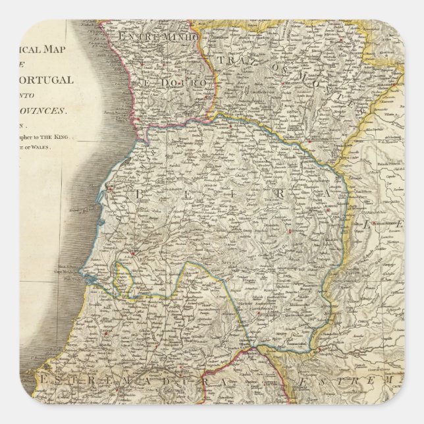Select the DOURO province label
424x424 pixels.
pyautogui.click(x=170, y=84)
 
